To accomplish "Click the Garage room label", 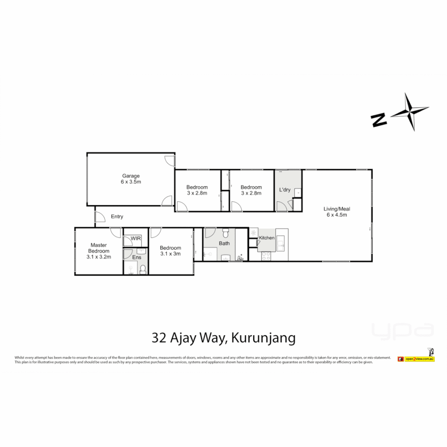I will pos(130,175).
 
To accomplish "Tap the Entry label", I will pos(117,216).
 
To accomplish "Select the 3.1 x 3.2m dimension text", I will pos(98,257).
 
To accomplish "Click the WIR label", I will pos(136,238).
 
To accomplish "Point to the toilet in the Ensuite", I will pos(143,269).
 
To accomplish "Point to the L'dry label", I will pos(285,190).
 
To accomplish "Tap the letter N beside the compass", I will pos(379,120).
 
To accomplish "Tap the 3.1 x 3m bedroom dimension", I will pos(171,254).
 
